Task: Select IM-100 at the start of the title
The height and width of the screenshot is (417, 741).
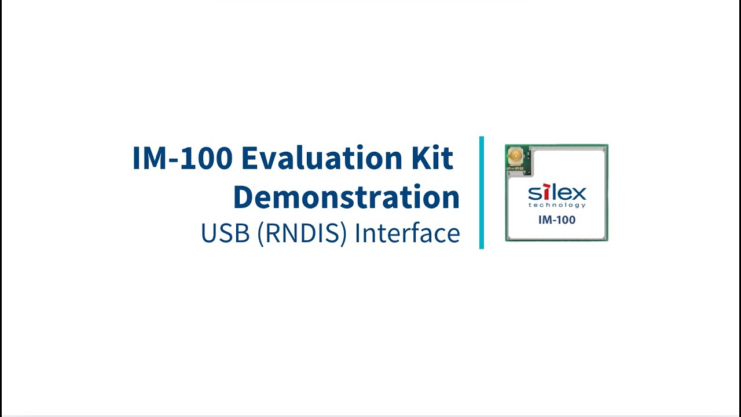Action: [x=182, y=158]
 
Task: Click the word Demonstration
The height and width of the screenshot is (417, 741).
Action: [x=346, y=197]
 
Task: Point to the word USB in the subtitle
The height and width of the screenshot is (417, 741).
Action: [x=225, y=233]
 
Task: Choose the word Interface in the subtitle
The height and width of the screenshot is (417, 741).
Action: [x=407, y=233]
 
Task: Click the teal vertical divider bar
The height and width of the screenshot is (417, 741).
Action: [x=482, y=193]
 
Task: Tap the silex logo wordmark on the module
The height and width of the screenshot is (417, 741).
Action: [x=557, y=193]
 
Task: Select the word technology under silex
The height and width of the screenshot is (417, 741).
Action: [x=557, y=205]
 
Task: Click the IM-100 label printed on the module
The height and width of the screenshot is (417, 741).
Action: [x=557, y=220]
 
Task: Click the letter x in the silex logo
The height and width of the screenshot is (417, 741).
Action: [x=578, y=193]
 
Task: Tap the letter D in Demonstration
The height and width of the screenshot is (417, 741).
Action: [x=245, y=197]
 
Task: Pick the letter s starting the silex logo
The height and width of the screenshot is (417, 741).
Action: [x=534, y=193]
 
